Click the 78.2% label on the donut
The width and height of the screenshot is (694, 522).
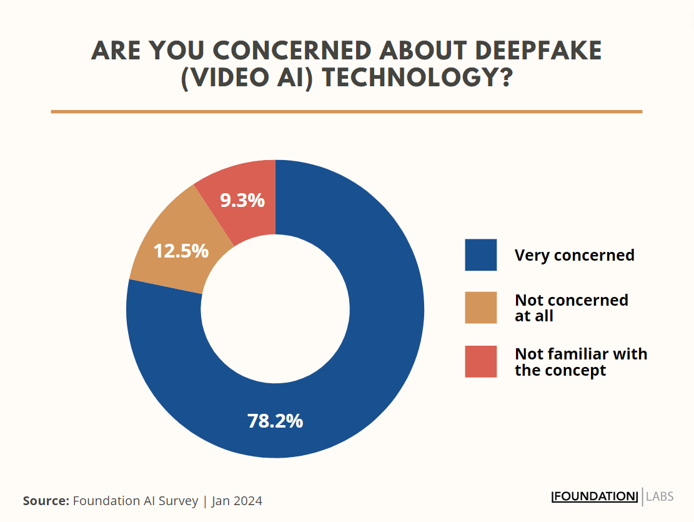pos(275,421)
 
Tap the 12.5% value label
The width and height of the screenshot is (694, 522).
pos(181,251)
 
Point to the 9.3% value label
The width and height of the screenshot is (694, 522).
pos(242,201)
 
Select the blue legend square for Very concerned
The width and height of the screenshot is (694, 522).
pos(480,255)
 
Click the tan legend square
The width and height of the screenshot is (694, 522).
pos(480,308)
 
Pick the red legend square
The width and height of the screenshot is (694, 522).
pos(480,361)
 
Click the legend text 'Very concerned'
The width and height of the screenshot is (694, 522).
pos(574,255)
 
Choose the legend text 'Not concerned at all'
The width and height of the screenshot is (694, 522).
pos(571,308)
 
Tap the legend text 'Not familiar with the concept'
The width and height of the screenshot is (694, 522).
pos(580,362)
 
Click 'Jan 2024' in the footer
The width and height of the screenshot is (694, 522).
pos(237,501)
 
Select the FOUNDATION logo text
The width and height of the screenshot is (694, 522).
pos(595,496)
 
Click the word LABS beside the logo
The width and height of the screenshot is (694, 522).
pos(660,496)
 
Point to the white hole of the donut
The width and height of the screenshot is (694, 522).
pos(275,309)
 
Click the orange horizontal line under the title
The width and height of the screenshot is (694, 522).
pos(346,112)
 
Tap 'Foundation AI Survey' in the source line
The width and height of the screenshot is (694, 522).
pos(136,501)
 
